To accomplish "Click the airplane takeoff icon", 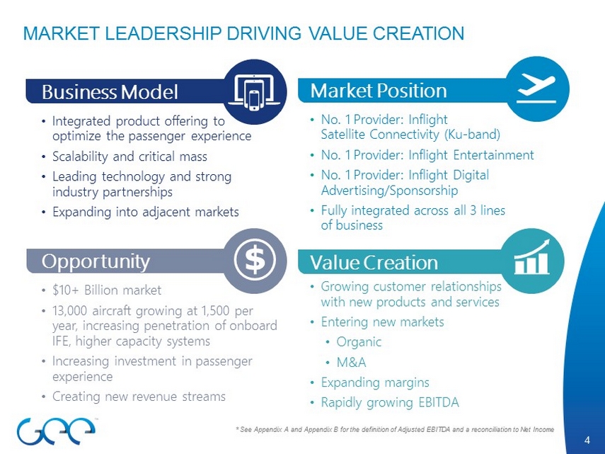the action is (536, 89).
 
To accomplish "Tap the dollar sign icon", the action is (255, 260).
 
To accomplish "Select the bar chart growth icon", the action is (532, 256).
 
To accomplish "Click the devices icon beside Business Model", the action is (254, 92).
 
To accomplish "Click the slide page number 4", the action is (587, 440).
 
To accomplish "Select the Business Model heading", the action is (110, 92).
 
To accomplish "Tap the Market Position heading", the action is (379, 91).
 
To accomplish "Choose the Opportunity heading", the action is (96, 261).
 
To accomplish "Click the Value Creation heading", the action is (374, 263).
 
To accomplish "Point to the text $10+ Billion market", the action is (107, 290).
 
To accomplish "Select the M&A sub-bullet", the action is (351, 362).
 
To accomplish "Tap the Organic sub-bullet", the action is (359, 342).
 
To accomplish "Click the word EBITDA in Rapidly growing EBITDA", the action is (439, 402).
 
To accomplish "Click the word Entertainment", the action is (493, 155).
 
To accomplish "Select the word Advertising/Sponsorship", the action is (390, 191).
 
